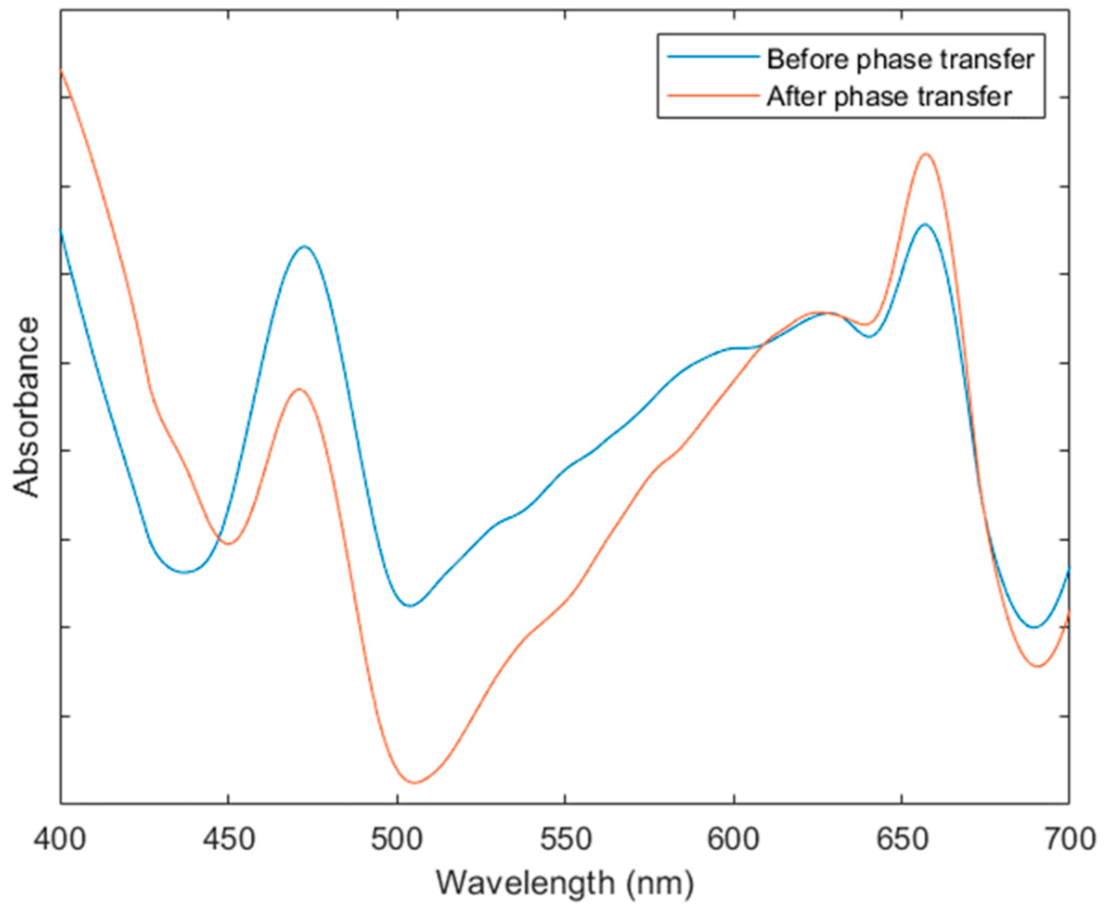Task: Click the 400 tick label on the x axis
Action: coord(59,840)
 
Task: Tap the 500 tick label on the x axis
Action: coord(396,840)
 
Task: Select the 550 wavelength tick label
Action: coord(565,840)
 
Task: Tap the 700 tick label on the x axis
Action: coord(1068,840)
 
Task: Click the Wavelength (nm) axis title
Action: coord(565,883)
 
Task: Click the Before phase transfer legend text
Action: coord(900,59)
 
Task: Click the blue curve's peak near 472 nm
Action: coord(304,246)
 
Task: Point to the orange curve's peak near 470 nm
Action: coord(299,389)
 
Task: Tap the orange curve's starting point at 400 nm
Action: coord(61,69)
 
